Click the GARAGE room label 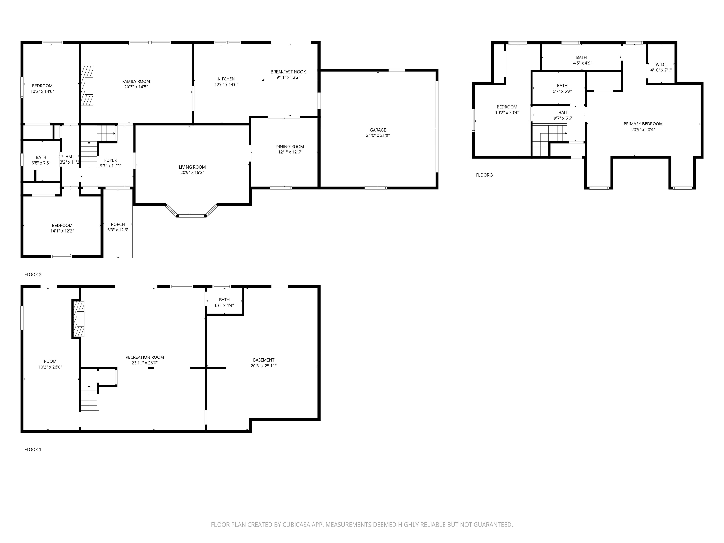(x=378, y=130)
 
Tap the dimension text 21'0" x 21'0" (x=378, y=136)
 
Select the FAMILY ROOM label (x=136, y=82)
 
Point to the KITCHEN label (x=226, y=79)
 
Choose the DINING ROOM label (x=290, y=147)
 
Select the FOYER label (x=110, y=160)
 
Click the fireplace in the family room (x=87, y=86)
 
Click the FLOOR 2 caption (x=33, y=275)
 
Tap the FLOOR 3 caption (x=484, y=175)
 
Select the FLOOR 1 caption (x=33, y=450)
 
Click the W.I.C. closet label (x=661, y=65)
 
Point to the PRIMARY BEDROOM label (x=643, y=124)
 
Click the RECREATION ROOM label (x=145, y=358)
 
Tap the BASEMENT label (x=263, y=360)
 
